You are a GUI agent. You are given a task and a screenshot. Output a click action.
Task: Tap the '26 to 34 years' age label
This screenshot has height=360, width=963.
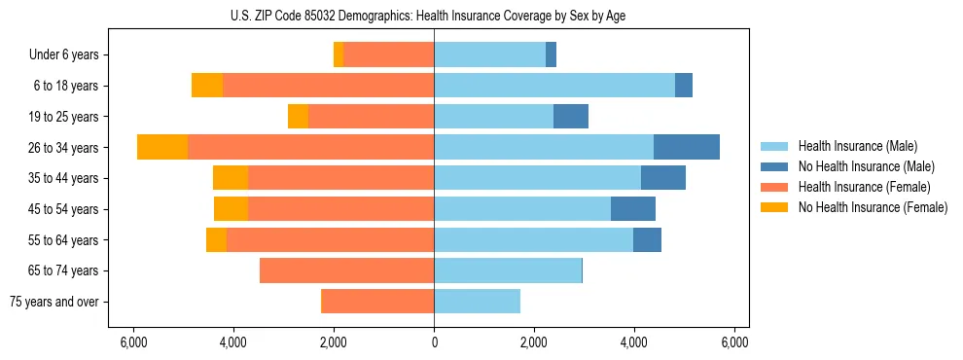point(63,148)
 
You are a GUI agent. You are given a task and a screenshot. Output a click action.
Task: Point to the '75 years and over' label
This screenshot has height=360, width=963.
point(54,302)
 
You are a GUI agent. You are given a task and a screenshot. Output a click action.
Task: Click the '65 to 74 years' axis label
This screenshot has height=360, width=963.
point(63,270)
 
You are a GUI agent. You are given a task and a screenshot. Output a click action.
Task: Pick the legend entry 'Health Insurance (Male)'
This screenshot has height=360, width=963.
point(855,146)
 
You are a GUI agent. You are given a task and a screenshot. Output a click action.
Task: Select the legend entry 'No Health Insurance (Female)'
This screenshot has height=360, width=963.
point(872,207)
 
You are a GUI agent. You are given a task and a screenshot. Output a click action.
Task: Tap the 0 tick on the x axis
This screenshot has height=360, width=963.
point(434,342)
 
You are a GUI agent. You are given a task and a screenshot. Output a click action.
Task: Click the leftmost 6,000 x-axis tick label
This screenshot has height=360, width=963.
point(133,342)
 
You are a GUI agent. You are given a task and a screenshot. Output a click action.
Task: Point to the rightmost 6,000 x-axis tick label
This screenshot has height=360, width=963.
point(734,342)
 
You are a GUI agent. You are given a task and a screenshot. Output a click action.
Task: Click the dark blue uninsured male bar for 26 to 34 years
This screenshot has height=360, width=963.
point(687,147)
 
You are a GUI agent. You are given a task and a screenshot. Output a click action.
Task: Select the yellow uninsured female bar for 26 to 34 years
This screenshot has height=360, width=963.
point(162,147)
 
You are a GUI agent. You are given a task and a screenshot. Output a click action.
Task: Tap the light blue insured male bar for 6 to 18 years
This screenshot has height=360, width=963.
point(554,86)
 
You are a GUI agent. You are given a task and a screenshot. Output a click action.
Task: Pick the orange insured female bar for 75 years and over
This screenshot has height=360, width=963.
point(377,302)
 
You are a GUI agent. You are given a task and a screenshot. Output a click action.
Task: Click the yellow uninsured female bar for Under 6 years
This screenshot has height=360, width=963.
point(339,55)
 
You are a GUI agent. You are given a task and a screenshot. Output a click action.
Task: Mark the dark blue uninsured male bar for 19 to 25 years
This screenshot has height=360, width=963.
point(571,117)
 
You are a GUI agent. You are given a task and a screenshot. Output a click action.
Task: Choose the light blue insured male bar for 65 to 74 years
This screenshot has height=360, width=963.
point(508,270)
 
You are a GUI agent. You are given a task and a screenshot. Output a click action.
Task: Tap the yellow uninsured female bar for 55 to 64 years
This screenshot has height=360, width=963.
point(216,240)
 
